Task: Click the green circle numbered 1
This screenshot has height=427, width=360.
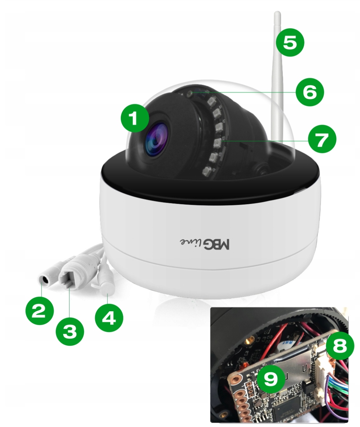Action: point(135,119)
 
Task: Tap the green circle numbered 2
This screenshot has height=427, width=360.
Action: point(40,311)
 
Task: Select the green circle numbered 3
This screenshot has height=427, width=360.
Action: point(70,331)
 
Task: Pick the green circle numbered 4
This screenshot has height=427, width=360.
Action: point(109,318)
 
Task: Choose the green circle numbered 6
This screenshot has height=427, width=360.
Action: point(310,92)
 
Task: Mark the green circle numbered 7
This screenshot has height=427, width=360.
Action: point(322,139)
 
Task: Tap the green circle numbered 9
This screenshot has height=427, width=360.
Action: point(270,379)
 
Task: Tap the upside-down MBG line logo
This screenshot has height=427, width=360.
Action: point(205,243)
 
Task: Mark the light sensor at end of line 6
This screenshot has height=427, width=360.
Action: point(189,94)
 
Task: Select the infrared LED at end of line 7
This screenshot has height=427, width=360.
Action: point(217,142)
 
